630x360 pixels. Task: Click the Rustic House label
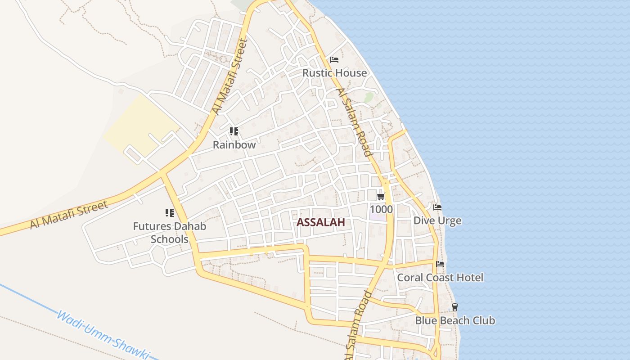[x=334, y=72]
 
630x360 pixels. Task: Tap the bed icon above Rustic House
[x=334, y=59]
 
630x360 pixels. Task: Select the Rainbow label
[x=234, y=144]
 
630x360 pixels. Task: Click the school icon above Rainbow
[x=234, y=131]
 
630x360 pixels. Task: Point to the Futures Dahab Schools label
[x=169, y=232]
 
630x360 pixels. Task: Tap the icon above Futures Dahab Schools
[x=169, y=213]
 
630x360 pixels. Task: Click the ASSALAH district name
[x=321, y=222]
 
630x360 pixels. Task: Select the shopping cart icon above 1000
[x=381, y=196]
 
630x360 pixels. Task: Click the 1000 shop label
[x=381, y=209]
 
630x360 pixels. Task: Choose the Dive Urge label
[x=437, y=220]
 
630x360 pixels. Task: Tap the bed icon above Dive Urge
[x=437, y=207]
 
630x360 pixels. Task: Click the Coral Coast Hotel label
[x=440, y=277]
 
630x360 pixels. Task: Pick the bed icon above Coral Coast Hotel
[x=440, y=264]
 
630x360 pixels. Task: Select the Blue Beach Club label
[x=454, y=320]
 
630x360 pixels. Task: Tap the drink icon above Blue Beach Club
[x=454, y=307]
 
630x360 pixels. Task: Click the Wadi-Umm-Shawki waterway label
[x=103, y=335]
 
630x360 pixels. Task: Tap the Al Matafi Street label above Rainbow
[x=230, y=76]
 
